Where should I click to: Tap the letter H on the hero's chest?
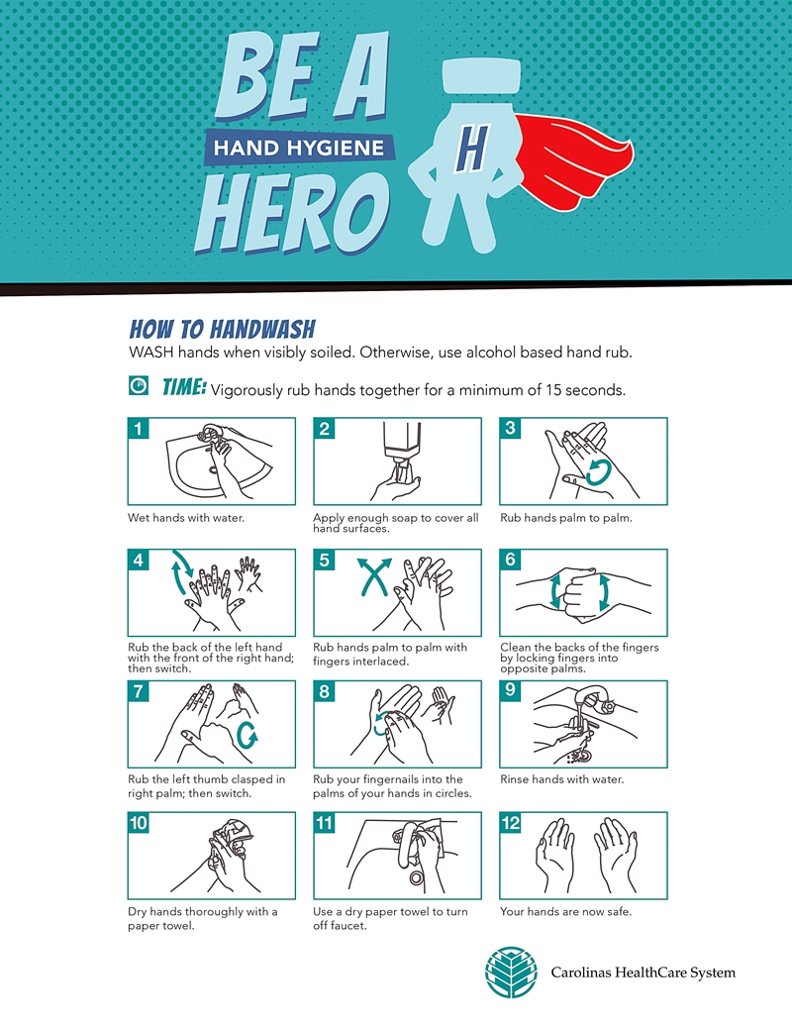(472, 148)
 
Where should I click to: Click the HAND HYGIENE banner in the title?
(300, 148)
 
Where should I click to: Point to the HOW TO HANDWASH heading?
(222, 329)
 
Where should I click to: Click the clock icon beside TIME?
(138, 385)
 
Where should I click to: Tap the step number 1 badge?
(138, 429)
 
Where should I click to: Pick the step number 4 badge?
(138, 561)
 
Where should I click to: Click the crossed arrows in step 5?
(375, 576)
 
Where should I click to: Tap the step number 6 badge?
(511, 561)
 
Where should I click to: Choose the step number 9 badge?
(511, 691)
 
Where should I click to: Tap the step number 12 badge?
(511, 822)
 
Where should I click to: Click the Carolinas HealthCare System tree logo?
(511, 973)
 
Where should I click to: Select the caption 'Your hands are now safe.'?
(566, 911)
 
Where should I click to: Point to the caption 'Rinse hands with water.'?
(562, 779)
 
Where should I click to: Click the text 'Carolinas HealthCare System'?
(643, 973)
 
